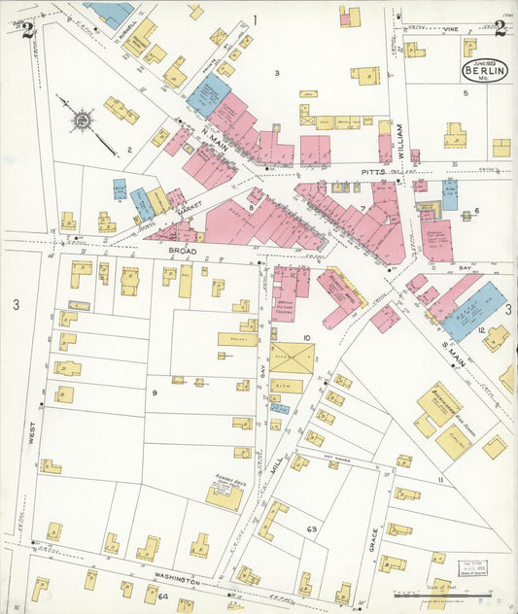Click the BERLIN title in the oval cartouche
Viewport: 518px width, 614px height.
[482, 71]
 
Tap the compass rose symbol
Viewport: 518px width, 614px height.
[82, 120]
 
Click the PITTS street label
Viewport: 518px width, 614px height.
[373, 171]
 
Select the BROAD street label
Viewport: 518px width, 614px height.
[183, 250]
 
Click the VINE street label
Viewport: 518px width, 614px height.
[449, 30]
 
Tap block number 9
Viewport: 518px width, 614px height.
[154, 392]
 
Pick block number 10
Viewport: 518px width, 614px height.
[306, 338]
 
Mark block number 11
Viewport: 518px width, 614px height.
[439, 480]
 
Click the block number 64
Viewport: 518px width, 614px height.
[162, 597]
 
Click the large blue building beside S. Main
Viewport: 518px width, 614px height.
[473, 311]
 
